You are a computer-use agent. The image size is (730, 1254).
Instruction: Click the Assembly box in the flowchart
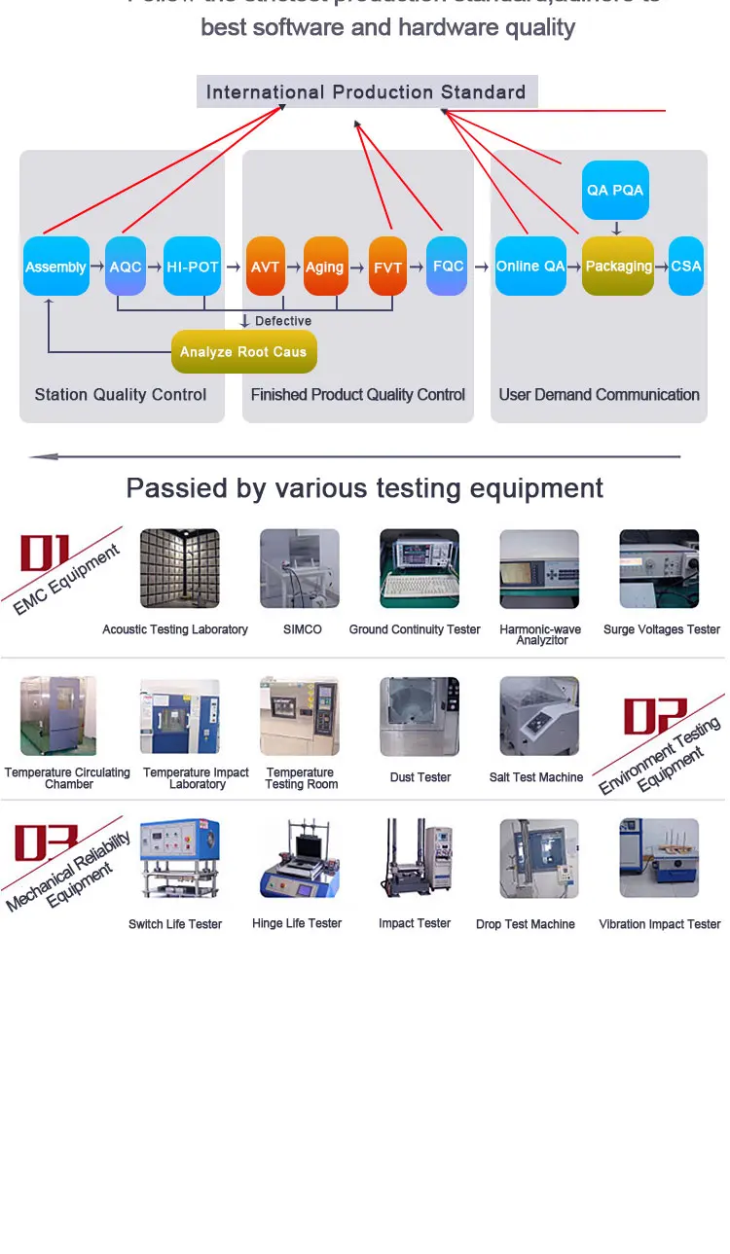pos(55,267)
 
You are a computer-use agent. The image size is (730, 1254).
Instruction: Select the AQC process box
pos(126,267)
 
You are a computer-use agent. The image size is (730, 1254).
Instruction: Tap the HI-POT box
pos(192,267)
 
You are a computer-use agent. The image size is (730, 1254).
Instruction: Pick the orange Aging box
pos(325,267)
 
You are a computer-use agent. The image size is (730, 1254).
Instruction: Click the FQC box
pos(448,266)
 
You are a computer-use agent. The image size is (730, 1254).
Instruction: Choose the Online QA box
pos(530,266)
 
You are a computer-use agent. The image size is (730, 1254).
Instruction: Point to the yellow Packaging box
pos(618,266)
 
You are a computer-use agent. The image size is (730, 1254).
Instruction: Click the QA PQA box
pos(615,190)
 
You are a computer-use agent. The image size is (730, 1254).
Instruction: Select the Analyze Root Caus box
pos(243,351)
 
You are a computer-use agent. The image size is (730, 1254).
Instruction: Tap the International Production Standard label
pos(366,92)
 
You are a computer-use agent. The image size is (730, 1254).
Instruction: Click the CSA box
pos(686,266)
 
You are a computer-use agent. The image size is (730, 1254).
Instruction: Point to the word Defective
pos(282,321)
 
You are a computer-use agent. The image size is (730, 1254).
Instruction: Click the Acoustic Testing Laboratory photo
pos(180,569)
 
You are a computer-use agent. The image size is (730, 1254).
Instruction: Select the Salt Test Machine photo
pos(538,716)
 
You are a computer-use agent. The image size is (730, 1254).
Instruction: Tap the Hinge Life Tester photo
pos(299,858)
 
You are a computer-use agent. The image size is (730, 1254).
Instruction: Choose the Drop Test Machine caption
pos(526,924)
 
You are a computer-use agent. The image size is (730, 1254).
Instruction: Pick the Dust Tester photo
pos(420,716)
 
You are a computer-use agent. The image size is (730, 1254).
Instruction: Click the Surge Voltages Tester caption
pos(662,629)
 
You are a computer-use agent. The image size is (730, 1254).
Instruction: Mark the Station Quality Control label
pos(121,395)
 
